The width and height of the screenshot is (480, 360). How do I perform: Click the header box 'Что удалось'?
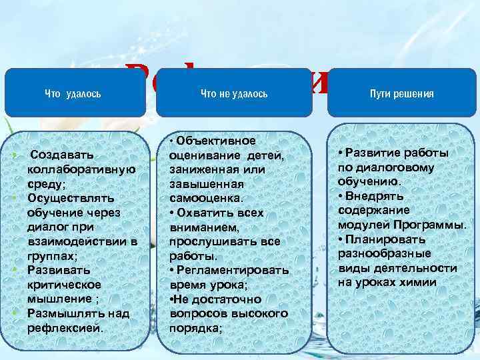pyautogui.click(x=73, y=93)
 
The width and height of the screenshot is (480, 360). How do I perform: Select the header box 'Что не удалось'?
pyautogui.click(x=234, y=93)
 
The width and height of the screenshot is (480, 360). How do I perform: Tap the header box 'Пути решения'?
pyautogui.click(x=401, y=93)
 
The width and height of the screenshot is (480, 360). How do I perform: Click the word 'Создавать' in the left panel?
pyautogui.click(x=62, y=155)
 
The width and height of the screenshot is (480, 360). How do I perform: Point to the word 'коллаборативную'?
pyautogui.click(x=82, y=169)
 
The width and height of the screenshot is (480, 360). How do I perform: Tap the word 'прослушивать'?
pyautogui.click(x=207, y=241)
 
